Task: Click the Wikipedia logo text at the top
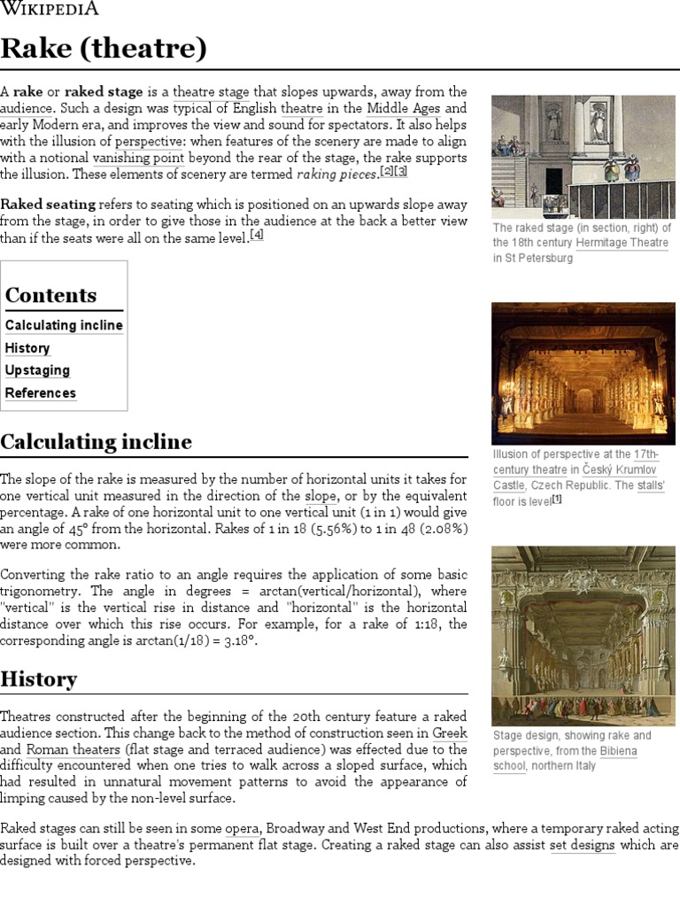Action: (50, 10)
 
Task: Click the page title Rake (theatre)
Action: (104, 48)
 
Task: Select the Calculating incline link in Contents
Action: (64, 325)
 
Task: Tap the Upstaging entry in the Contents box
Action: (37, 370)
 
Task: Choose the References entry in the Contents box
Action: (41, 392)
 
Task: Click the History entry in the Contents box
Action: (27, 348)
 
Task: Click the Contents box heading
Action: (50, 295)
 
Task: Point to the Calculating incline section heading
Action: (96, 441)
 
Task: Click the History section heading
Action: (38, 679)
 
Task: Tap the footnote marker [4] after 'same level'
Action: (256, 235)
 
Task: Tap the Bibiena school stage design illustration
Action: (583, 634)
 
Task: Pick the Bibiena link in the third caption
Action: (618, 751)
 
